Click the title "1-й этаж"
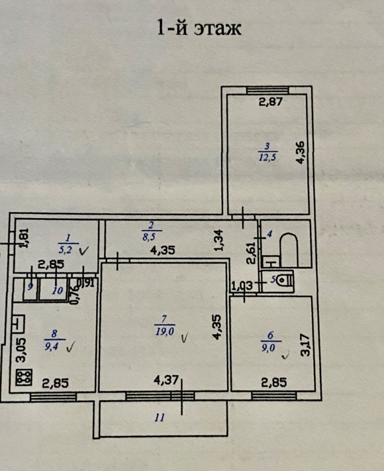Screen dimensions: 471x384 click(199, 28)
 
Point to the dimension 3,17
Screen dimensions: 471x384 click(307, 345)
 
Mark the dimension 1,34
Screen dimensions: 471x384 click(219, 240)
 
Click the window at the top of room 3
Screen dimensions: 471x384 click(267, 90)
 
